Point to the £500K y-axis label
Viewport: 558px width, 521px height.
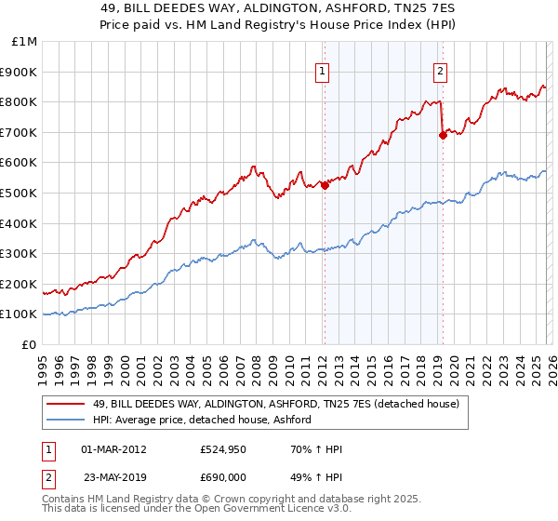click(x=19, y=194)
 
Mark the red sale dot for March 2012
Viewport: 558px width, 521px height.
click(x=325, y=185)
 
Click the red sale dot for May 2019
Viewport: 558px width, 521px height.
click(x=443, y=136)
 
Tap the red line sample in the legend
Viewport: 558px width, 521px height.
click(x=67, y=404)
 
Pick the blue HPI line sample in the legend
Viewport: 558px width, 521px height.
click(x=67, y=421)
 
